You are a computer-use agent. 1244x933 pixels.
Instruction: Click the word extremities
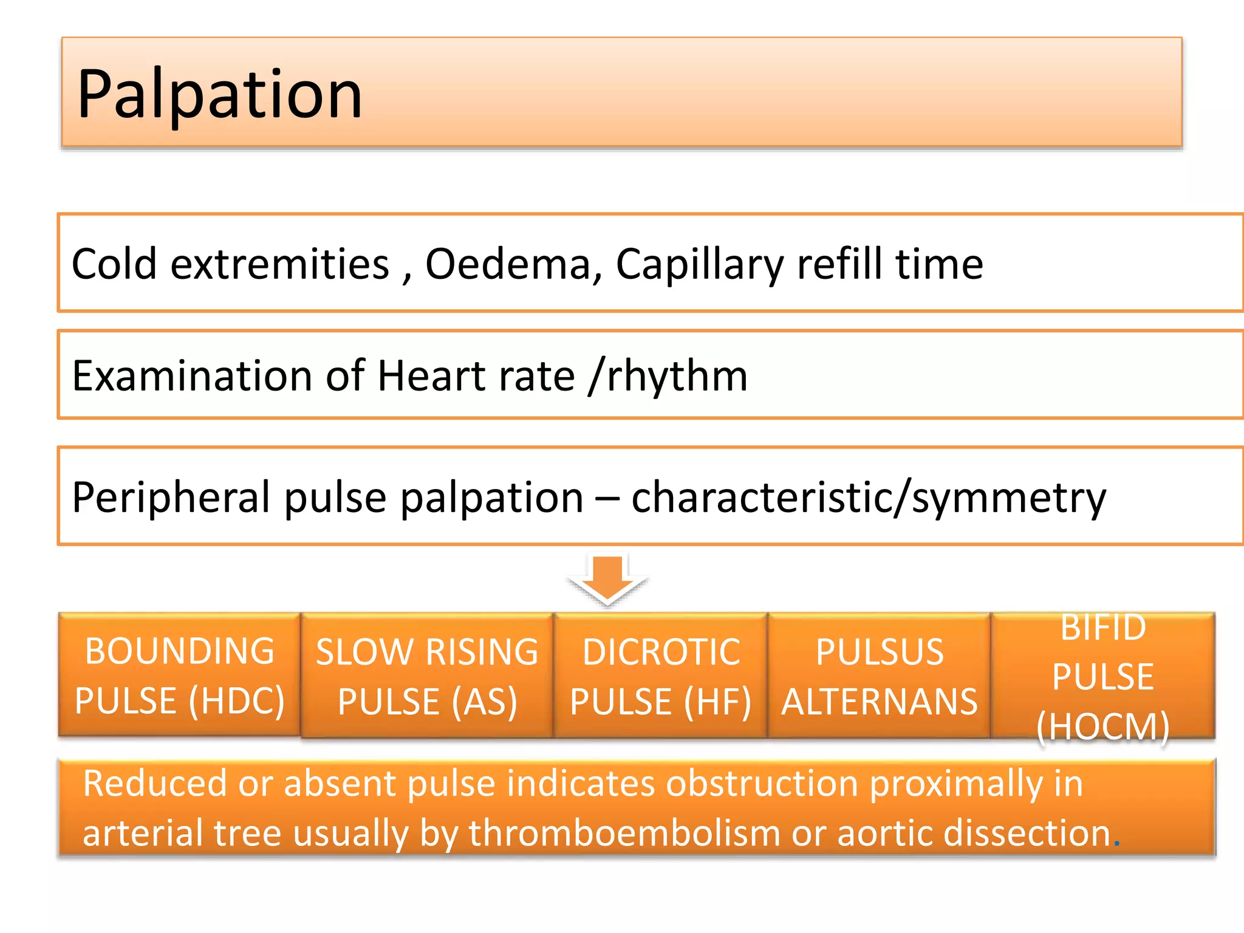click(279, 265)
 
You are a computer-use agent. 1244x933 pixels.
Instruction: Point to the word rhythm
click(677, 377)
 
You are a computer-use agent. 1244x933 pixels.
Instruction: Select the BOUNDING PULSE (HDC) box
click(179, 675)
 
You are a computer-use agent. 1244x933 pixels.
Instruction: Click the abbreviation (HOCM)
click(1102, 726)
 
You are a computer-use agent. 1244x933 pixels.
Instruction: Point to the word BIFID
click(1102, 627)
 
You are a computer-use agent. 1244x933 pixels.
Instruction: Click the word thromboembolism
click(624, 833)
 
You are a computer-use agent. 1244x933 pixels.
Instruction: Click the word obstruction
click(762, 784)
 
